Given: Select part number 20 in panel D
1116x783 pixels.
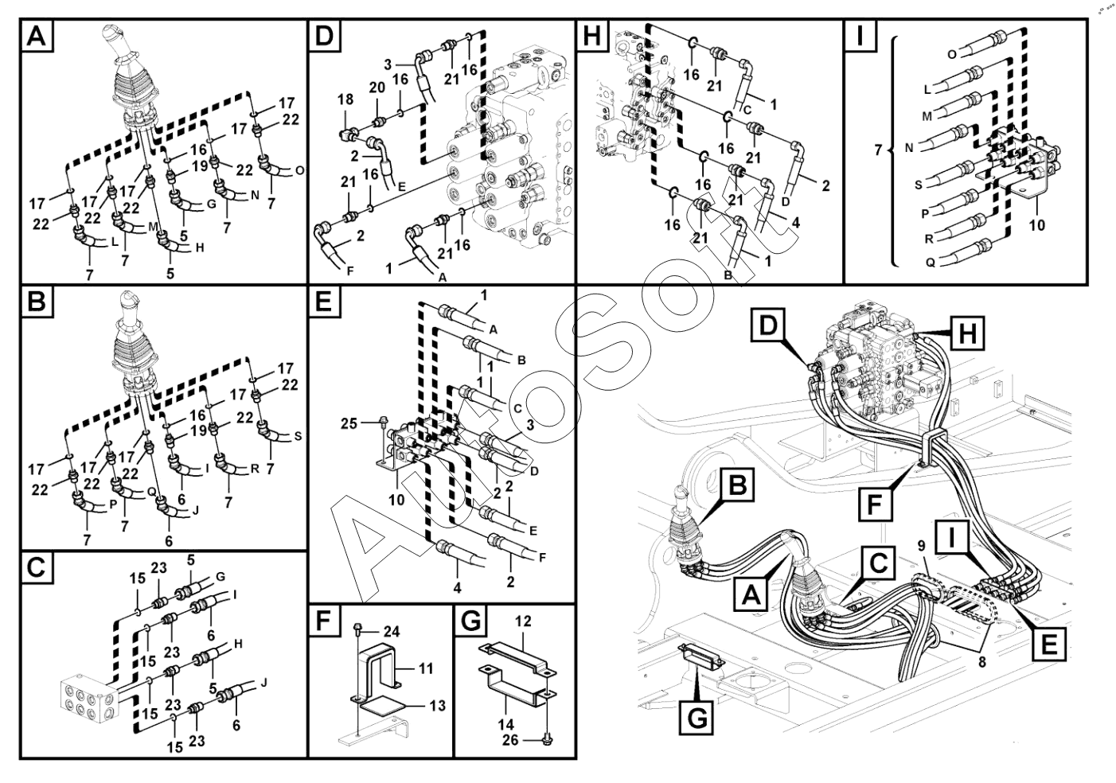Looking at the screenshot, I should point(377,88).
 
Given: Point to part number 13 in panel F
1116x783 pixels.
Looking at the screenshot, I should point(436,705).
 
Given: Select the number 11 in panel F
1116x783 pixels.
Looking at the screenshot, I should point(426,668).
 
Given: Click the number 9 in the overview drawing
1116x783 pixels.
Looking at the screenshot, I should point(920,546).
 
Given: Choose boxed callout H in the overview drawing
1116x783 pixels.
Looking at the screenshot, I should point(966,333).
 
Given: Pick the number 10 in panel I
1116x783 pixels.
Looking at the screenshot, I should point(1036,225).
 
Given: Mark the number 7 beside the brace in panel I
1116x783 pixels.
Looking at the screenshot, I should point(878,149).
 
